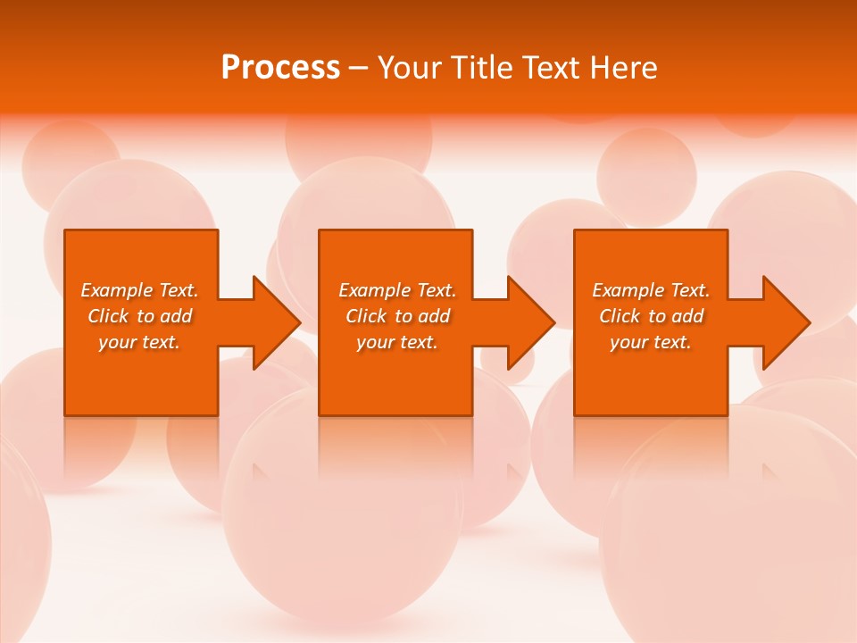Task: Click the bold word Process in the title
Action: (280, 68)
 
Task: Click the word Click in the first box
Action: (107, 316)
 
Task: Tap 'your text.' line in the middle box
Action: (396, 342)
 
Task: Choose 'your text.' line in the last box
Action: (650, 342)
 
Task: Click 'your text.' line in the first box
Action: (139, 342)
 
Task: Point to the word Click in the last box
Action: (620, 316)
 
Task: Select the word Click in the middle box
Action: (366, 316)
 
